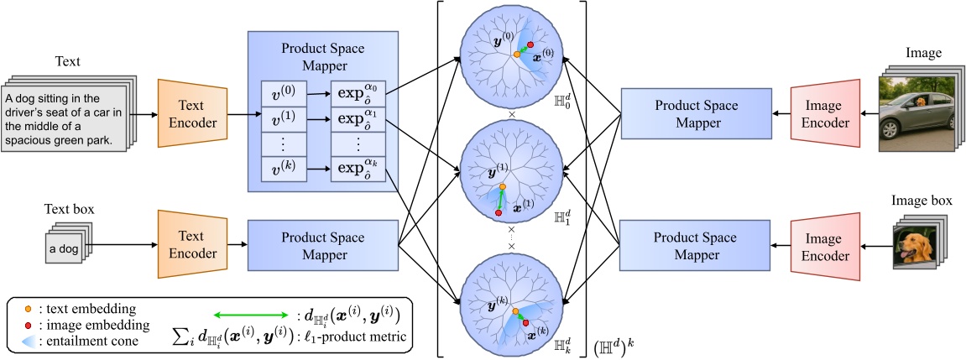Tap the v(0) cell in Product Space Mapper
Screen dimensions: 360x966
click(284, 93)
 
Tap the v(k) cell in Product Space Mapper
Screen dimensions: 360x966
click(284, 171)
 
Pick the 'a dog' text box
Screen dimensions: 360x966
click(64, 249)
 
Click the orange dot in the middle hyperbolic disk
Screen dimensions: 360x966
click(502, 186)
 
